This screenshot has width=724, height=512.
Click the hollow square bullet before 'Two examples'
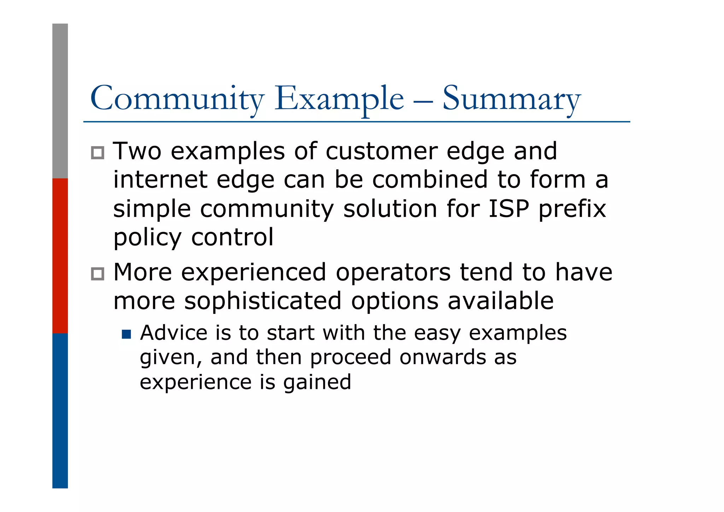click(x=98, y=153)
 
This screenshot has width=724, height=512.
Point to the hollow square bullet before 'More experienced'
click(x=98, y=274)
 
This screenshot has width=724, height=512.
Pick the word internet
click(x=160, y=180)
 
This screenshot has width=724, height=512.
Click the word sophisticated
click(x=263, y=301)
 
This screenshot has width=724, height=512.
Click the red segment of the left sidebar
click(x=60, y=255)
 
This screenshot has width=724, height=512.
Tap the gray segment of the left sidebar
click(x=60, y=101)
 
